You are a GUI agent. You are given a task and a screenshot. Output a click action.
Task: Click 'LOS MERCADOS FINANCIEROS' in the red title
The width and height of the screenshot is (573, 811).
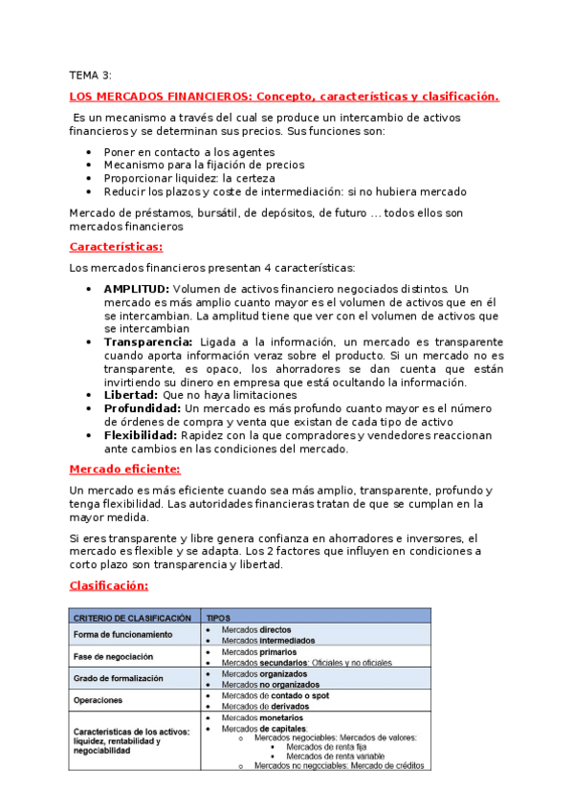click(163, 97)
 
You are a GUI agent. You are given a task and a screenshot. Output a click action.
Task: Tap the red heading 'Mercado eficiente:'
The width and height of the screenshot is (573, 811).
click(124, 469)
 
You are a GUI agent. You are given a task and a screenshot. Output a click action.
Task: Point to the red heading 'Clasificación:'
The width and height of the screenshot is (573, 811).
click(108, 585)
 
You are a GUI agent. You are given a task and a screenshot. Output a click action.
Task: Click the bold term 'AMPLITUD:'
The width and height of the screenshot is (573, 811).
click(136, 289)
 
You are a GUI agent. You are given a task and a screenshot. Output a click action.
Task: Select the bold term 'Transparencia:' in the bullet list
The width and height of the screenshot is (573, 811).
click(147, 341)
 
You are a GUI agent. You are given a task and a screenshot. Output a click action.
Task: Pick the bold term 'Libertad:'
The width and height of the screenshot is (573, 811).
click(131, 394)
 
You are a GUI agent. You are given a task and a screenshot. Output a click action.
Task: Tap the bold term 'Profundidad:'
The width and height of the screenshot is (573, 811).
click(143, 408)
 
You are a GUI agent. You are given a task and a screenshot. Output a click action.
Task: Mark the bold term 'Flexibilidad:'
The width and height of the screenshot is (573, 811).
click(143, 435)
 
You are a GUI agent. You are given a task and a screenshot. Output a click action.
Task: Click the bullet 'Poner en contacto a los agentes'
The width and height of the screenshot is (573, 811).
click(188, 151)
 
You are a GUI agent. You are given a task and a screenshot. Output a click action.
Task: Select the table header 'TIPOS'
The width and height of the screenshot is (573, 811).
click(218, 619)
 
